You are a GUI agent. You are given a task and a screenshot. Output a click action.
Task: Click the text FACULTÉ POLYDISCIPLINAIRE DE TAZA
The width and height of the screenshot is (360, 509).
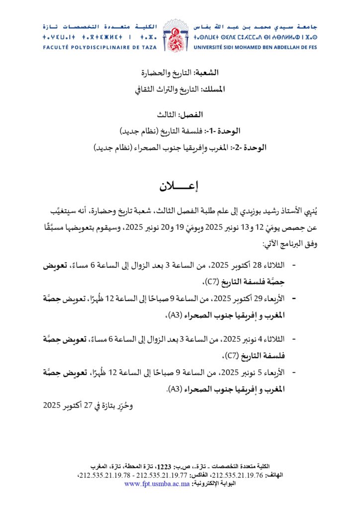100,48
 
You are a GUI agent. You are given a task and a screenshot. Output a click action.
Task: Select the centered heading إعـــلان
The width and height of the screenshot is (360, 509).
179,187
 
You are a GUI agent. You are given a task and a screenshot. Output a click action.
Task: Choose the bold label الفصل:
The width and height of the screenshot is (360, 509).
191,115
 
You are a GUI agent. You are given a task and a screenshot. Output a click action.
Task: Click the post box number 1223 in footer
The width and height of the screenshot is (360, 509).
164,466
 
